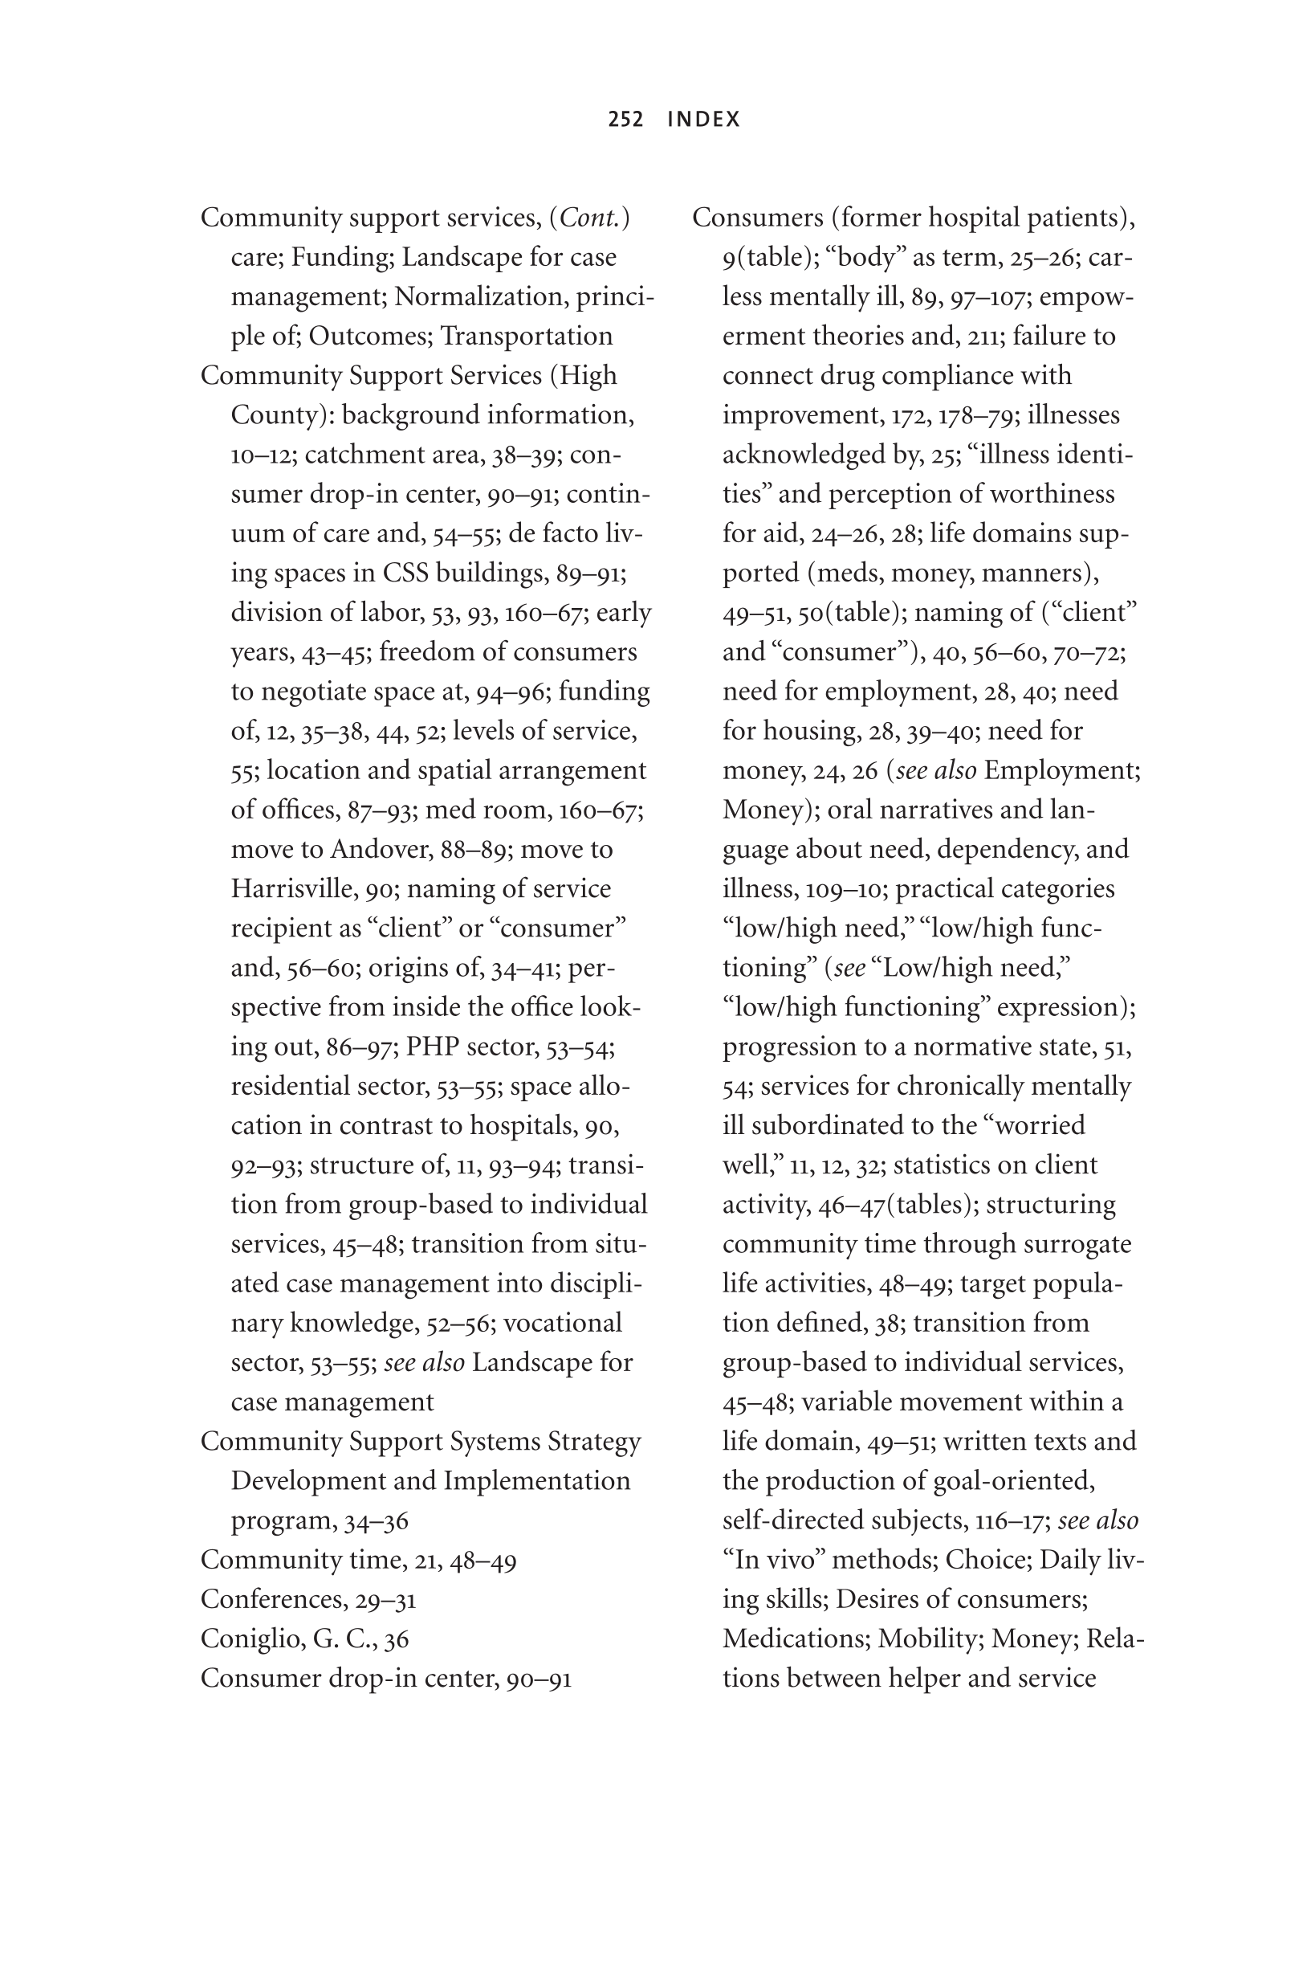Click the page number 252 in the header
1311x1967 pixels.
625,120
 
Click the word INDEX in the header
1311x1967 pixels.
704,120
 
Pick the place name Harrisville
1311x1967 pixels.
295,889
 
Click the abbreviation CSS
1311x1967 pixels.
406,573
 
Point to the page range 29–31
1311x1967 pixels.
385,1600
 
